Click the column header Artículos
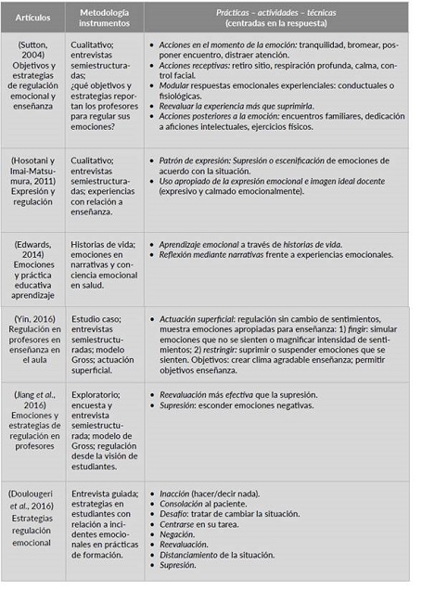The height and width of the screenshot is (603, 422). pos(34,16)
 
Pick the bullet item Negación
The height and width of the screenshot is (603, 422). pos(177,535)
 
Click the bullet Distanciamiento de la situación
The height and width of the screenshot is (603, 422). pos(214,555)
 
